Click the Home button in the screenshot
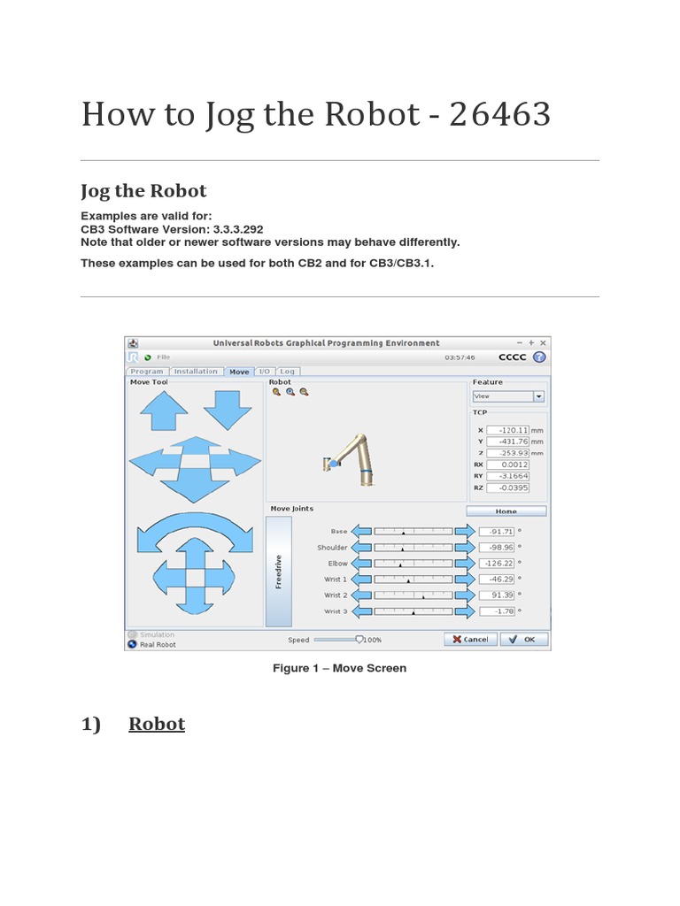(x=506, y=511)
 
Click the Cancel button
(x=469, y=639)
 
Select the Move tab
(x=239, y=372)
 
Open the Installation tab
(x=196, y=372)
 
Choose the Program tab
(x=147, y=372)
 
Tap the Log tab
(x=288, y=372)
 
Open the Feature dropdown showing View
(x=508, y=396)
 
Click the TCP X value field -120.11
(x=508, y=430)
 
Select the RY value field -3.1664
(x=508, y=475)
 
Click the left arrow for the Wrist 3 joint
(x=361, y=611)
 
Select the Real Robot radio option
(x=133, y=644)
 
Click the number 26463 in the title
(x=499, y=115)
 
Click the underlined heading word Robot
(x=157, y=724)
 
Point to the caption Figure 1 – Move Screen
(x=339, y=668)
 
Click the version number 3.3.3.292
(x=238, y=228)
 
